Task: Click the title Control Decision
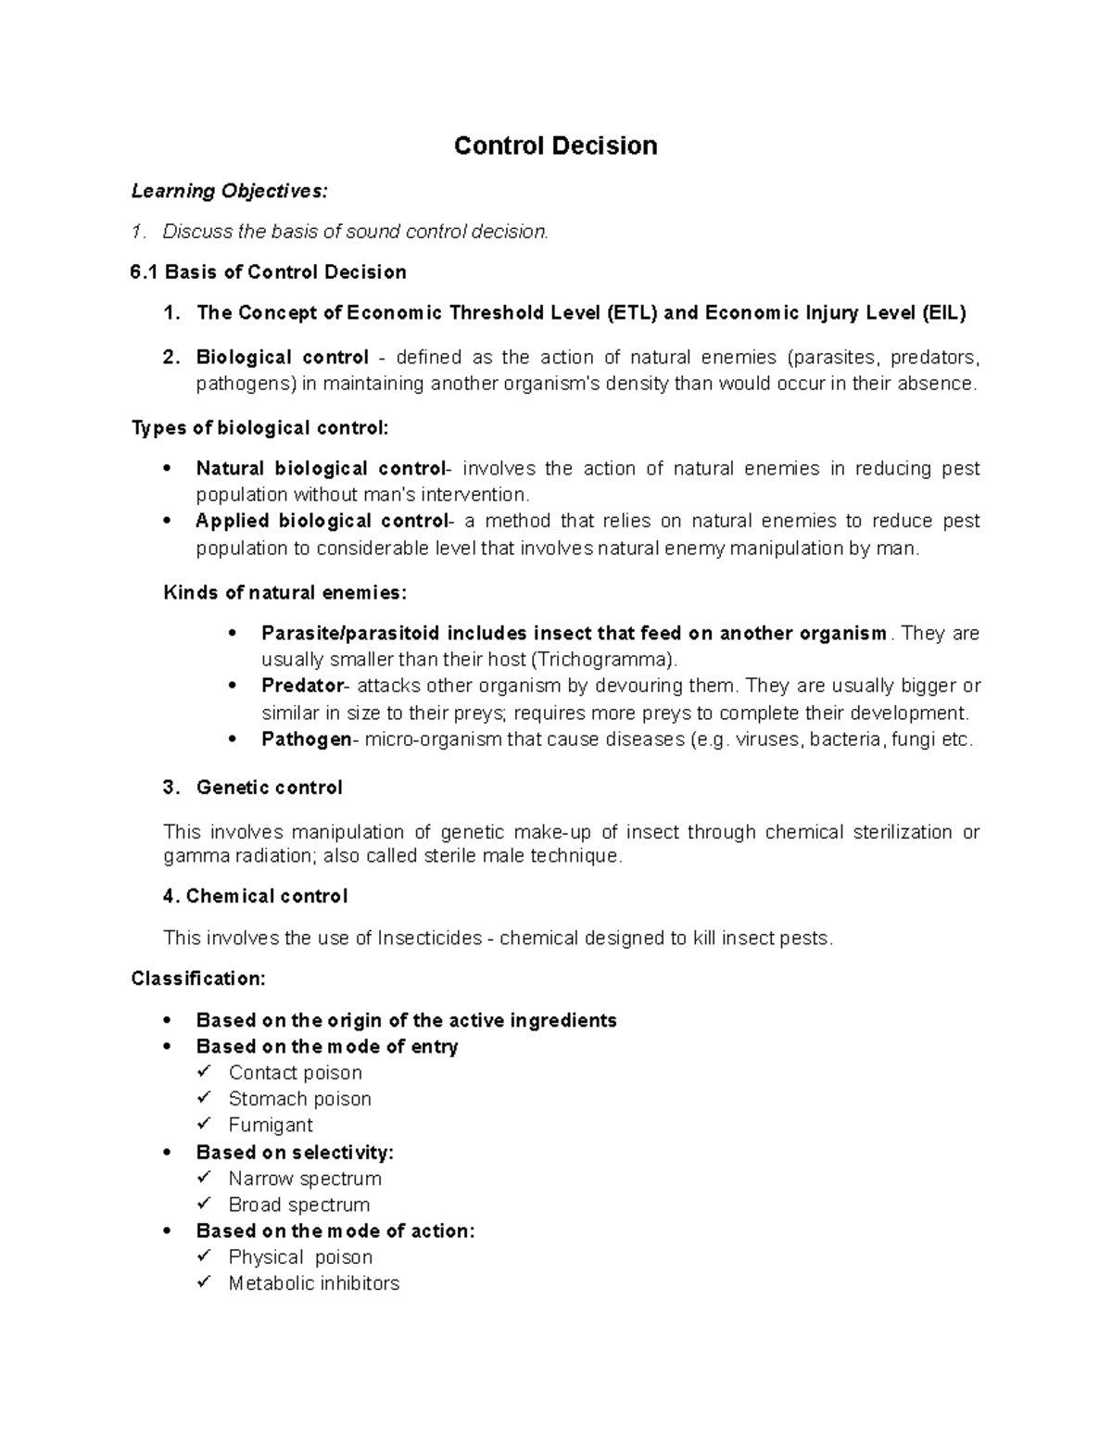[x=555, y=145]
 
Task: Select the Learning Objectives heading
[x=229, y=191]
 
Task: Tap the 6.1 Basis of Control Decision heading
[x=269, y=271]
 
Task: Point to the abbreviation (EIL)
[x=943, y=312]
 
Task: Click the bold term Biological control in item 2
[x=283, y=358]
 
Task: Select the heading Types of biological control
[x=260, y=427]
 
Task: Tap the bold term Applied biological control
[x=321, y=521]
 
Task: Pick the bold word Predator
[x=302, y=686]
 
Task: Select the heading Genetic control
[x=269, y=788]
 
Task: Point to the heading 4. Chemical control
[x=256, y=896]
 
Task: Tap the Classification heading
[x=198, y=978]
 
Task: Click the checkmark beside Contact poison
[x=205, y=1072]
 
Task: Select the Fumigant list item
[x=271, y=1125]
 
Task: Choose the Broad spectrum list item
[x=298, y=1205]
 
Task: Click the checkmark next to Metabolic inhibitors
[x=205, y=1283]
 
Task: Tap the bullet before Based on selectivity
[x=167, y=1153]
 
